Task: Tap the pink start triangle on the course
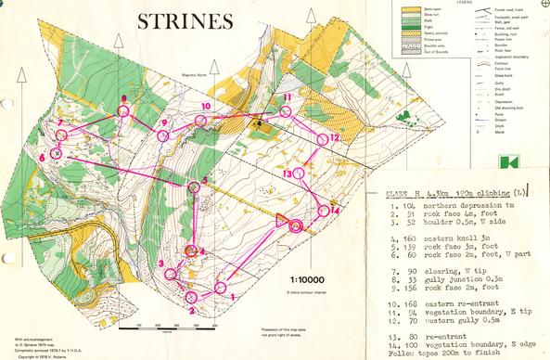click(x=280, y=219)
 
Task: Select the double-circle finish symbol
click(x=297, y=225)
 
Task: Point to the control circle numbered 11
click(x=287, y=112)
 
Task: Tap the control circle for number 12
click(x=324, y=138)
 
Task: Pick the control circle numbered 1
click(x=220, y=288)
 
